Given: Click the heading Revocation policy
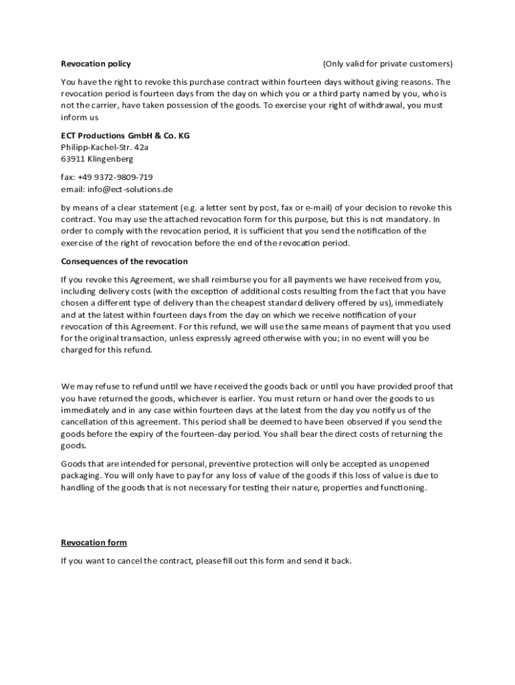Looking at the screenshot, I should coord(96,64).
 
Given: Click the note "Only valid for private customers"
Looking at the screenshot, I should coord(388,64).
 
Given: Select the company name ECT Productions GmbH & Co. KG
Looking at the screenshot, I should coord(125,135).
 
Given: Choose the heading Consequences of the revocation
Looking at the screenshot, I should coord(124,261).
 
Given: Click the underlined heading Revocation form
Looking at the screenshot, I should coord(94,543).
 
